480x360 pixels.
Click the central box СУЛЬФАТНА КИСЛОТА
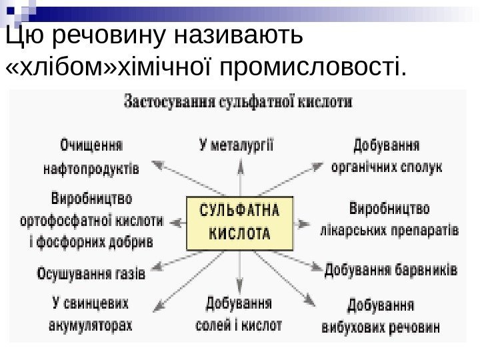click(240, 222)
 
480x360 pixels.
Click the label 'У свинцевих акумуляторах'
click(91, 315)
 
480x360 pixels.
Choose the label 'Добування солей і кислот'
click(239, 315)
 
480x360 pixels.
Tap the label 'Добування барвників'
click(391, 271)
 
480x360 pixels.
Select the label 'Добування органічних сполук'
click(386, 155)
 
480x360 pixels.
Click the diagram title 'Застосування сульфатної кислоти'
click(238, 103)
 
